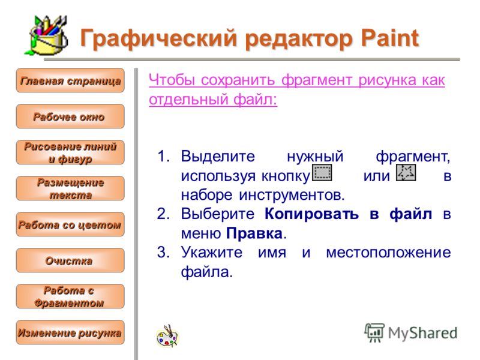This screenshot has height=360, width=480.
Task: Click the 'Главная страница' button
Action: (x=70, y=80)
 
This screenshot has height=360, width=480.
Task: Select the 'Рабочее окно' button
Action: (x=70, y=116)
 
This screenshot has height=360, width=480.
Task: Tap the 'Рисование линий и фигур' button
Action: (x=70, y=152)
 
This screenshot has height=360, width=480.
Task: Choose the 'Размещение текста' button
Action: (x=70, y=188)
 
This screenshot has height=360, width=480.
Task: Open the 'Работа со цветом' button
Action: (x=70, y=224)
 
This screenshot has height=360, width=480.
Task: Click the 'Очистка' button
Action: (x=70, y=260)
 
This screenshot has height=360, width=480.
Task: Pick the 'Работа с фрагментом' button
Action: (x=70, y=296)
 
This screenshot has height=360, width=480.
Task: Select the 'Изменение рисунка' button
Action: (x=70, y=332)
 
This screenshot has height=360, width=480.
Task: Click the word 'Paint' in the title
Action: (x=389, y=38)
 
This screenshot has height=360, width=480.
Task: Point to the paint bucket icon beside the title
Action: (x=47, y=35)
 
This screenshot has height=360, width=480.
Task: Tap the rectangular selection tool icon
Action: (x=322, y=173)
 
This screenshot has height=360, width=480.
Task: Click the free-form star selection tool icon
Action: (x=406, y=173)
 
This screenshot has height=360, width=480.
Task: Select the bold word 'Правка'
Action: (x=254, y=233)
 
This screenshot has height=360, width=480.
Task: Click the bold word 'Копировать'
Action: (x=311, y=214)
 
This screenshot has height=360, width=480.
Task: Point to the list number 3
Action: (x=163, y=253)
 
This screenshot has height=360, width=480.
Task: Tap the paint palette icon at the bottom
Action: (x=167, y=336)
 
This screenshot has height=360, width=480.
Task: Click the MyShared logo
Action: (x=411, y=332)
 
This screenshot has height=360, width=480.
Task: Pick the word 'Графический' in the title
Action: (x=158, y=38)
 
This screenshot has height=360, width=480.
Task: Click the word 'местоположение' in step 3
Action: (x=388, y=253)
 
